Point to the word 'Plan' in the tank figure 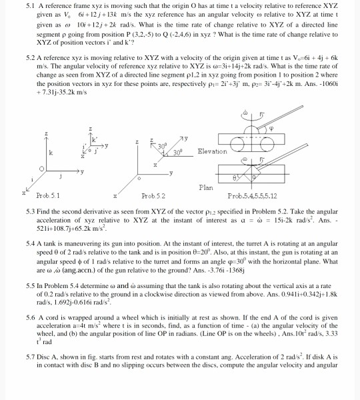(207, 187)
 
